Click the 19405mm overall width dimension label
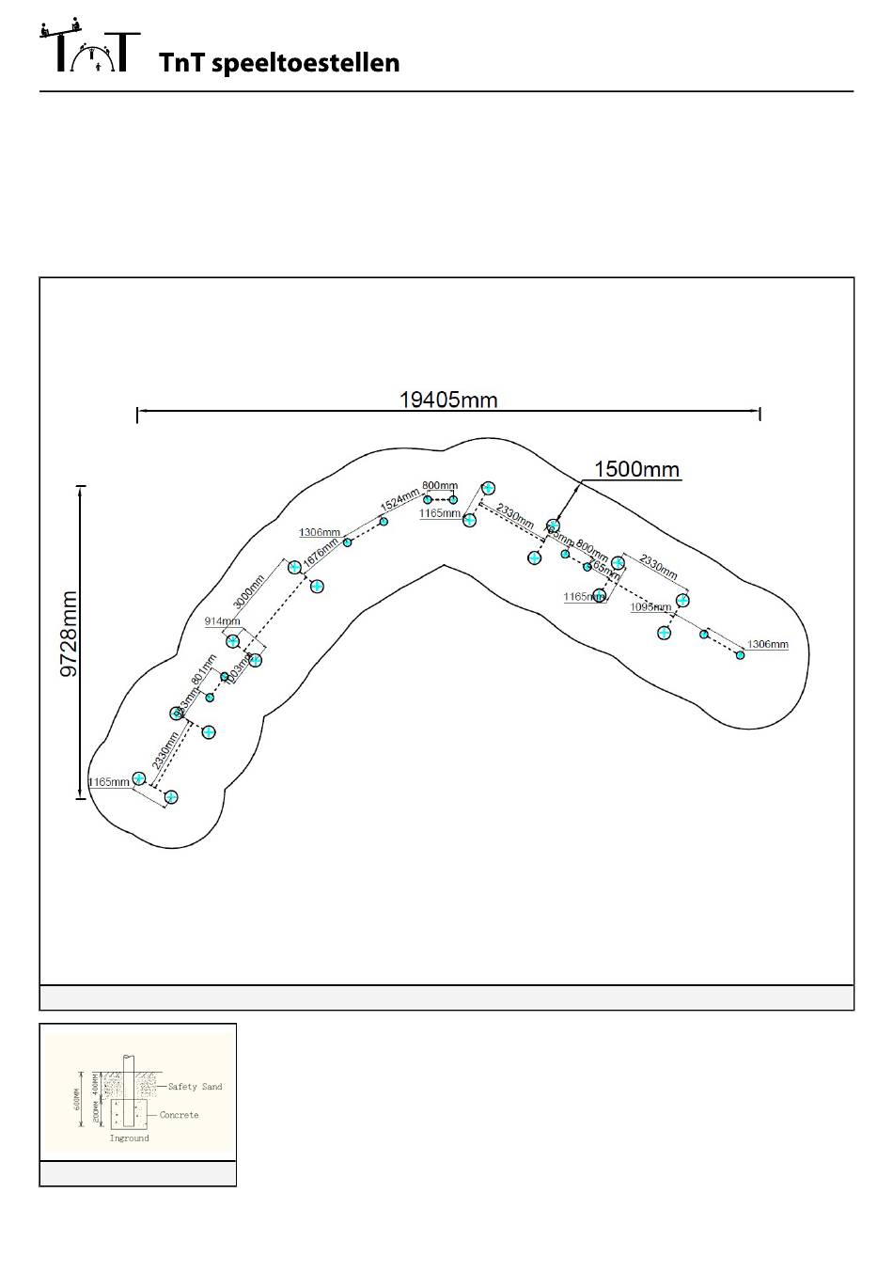[x=448, y=400]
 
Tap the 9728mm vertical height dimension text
[x=69, y=635]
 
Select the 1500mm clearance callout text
[x=636, y=469]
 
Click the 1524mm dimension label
[x=399, y=499]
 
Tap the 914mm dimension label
[x=222, y=621]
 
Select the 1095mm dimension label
[x=650, y=607]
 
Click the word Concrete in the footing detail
[x=179, y=1115]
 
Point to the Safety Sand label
[x=195, y=1087]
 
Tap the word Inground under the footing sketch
[x=129, y=1138]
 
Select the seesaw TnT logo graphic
[x=90, y=46]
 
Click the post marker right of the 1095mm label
[x=683, y=600]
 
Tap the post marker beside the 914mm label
[x=233, y=641]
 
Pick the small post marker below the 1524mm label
[x=384, y=521]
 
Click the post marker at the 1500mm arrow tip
[x=554, y=526]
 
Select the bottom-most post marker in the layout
[x=171, y=797]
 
